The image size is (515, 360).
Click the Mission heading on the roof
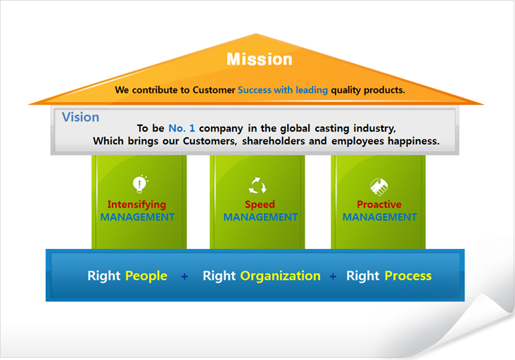(x=260, y=59)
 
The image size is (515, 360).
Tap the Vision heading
(x=80, y=117)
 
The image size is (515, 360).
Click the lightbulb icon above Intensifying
(x=140, y=184)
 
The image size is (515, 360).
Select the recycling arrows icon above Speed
(x=257, y=186)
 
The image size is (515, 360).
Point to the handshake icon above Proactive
(x=379, y=187)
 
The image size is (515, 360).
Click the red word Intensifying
(x=136, y=205)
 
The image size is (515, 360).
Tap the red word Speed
(x=260, y=205)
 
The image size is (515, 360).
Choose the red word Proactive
(x=379, y=205)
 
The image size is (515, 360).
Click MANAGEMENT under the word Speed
(x=260, y=217)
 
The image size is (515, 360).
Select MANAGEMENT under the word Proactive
(x=380, y=217)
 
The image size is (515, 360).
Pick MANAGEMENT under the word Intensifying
(x=137, y=217)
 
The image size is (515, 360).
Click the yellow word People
(x=146, y=276)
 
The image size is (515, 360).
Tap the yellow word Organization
(x=280, y=276)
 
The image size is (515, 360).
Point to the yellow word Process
(x=408, y=276)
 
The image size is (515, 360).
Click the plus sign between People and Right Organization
(x=184, y=276)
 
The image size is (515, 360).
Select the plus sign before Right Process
(x=333, y=276)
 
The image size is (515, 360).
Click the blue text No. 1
(x=182, y=128)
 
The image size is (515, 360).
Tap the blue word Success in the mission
(x=255, y=90)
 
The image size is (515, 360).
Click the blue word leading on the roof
(x=312, y=90)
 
